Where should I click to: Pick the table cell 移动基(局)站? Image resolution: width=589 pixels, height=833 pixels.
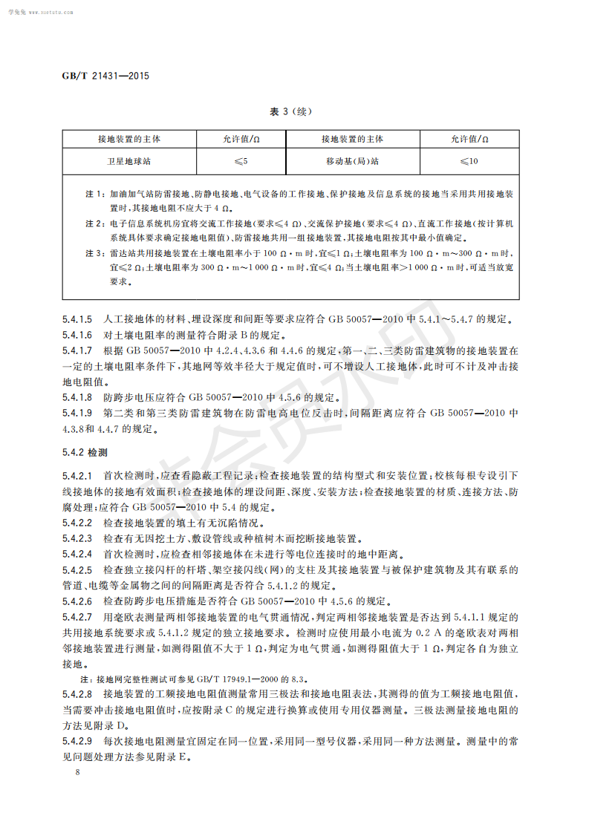(x=352, y=160)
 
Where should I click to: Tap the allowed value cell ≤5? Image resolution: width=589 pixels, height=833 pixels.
(x=241, y=160)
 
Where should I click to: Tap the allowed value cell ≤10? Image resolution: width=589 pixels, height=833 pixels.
(x=469, y=160)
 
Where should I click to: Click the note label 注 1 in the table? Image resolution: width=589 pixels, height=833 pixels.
(x=95, y=194)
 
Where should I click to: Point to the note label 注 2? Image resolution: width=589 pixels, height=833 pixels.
(x=95, y=223)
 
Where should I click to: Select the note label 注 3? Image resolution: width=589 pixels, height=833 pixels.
(x=95, y=253)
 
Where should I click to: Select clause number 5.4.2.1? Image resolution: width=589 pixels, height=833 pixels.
(x=77, y=474)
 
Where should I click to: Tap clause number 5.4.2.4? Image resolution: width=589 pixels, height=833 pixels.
(x=77, y=555)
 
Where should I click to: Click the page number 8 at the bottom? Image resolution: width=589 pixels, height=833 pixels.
(x=67, y=773)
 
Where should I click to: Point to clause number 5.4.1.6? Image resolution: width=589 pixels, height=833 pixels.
(x=77, y=335)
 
